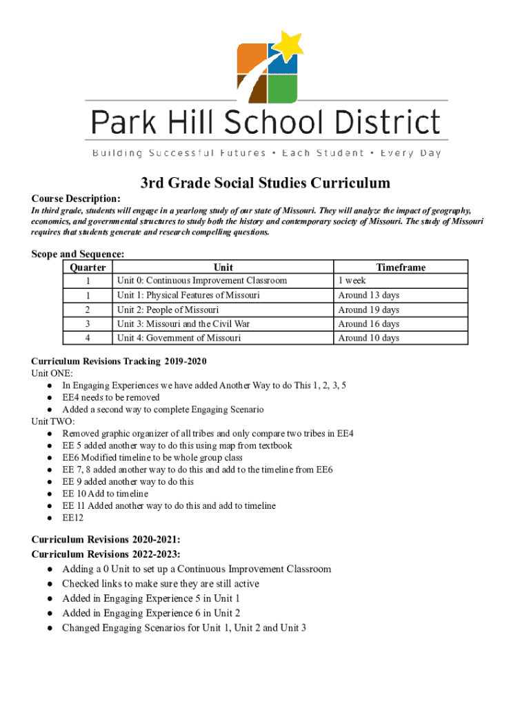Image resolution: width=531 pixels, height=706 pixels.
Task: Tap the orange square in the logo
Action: coord(252,59)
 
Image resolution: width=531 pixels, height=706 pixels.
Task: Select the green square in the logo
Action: coord(283,88)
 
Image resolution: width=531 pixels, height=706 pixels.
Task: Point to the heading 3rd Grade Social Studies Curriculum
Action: coord(265,183)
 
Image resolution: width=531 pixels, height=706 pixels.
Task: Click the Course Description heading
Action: coord(76,198)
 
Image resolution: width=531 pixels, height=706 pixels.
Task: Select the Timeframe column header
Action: coord(401,268)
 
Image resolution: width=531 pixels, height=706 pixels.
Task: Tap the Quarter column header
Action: coord(88,268)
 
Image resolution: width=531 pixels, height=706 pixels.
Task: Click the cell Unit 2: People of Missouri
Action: coord(168,310)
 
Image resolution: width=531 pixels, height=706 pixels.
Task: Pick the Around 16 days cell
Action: coord(368,324)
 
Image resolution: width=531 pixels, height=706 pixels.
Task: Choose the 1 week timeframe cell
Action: coord(352,281)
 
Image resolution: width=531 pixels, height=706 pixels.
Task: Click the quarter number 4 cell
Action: coord(88,338)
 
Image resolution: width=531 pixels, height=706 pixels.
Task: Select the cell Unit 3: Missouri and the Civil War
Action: coord(183,324)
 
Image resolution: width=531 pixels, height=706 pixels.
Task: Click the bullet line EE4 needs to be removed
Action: coord(111,397)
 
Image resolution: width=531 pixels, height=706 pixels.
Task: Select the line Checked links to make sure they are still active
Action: coord(161,583)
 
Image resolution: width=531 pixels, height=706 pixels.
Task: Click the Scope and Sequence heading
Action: coord(78,254)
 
